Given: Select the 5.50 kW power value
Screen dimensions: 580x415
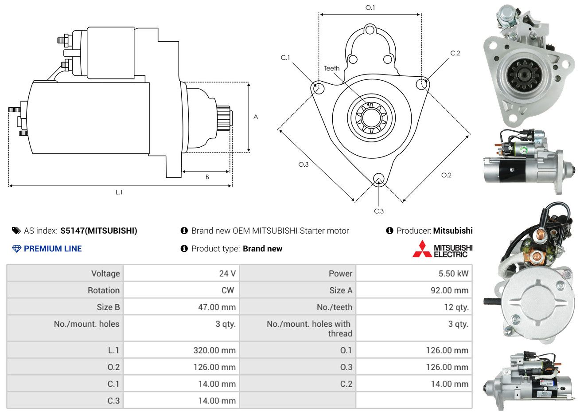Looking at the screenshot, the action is (453, 274).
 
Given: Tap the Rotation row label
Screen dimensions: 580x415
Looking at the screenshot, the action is (104, 290).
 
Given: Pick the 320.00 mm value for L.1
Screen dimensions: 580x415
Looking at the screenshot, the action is (214, 351).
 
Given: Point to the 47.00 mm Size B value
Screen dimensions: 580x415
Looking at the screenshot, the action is (217, 307).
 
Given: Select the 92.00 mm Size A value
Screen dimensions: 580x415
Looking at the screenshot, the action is (449, 290).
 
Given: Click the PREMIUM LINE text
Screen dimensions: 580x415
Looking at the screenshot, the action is (53, 249).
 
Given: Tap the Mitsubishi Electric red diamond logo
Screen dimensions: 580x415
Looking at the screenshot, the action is (422, 249).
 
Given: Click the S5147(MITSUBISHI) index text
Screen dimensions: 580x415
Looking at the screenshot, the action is (99, 231).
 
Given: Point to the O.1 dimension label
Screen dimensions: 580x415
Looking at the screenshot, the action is (370, 8).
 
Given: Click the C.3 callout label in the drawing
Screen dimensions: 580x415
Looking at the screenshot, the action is (378, 211).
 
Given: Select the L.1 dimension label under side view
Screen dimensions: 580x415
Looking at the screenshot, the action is (119, 192).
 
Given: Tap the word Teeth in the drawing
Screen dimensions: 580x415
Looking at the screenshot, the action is (331, 68).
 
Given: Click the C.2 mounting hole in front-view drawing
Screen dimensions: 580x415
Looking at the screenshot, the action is (422, 84).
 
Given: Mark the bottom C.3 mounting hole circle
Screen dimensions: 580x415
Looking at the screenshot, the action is (378, 179).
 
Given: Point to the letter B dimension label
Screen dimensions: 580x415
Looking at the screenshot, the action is (207, 177).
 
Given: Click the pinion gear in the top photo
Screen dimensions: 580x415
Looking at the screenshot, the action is (524, 75).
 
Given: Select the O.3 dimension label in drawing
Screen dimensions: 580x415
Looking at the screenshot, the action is (304, 164).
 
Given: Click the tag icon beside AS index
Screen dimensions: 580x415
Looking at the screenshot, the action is (16, 231).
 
